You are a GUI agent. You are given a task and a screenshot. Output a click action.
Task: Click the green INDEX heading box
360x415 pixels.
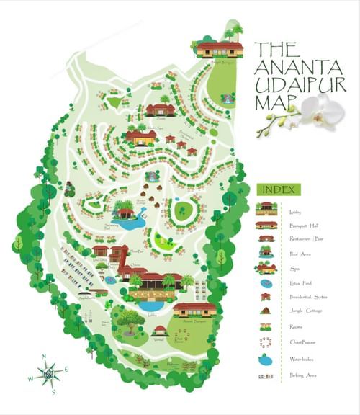279,189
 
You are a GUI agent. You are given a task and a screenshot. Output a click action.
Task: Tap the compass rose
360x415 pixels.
48,372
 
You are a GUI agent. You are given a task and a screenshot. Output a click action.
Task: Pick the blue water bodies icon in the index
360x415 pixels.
266,359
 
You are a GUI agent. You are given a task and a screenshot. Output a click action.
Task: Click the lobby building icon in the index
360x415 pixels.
266,209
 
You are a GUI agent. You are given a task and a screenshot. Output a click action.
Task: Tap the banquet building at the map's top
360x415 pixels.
219,50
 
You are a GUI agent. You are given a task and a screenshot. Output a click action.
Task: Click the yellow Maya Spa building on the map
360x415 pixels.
141,137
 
